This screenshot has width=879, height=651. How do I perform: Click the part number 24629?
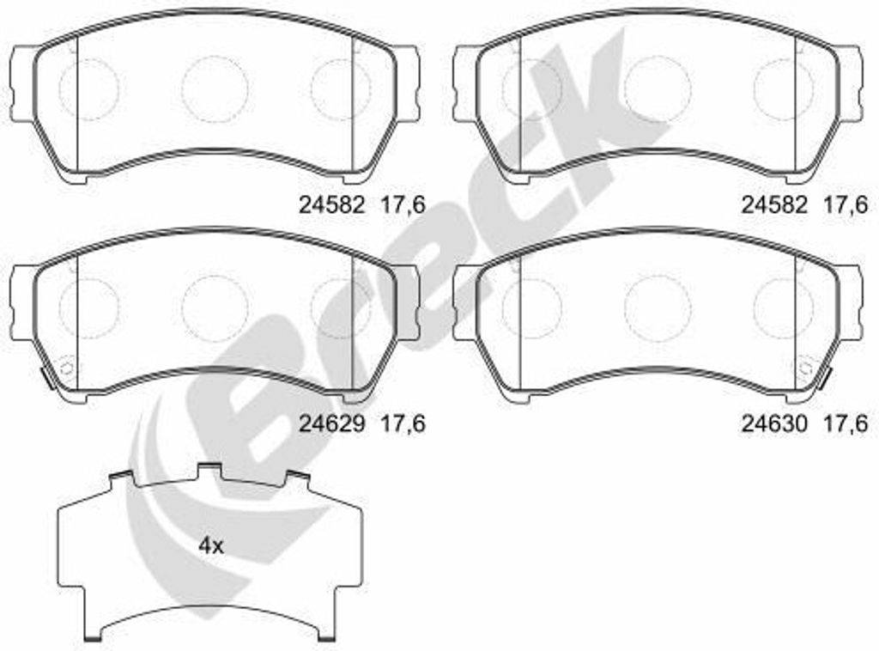(332, 423)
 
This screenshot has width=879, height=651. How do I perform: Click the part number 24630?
(775, 423)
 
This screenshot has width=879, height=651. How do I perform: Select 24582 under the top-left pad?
(332, 205)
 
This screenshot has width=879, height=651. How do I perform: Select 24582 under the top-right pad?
(775, 205)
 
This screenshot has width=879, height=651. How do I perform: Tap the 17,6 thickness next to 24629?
(403, 424)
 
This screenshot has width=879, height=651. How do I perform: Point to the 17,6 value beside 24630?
(846, 424)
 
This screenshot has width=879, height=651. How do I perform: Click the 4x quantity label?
(211, 545)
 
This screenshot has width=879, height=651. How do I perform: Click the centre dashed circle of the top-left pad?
(215, 88)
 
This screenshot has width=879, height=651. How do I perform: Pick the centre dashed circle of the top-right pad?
(658, 88)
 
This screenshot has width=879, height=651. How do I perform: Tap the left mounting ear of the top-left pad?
(22, 83)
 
